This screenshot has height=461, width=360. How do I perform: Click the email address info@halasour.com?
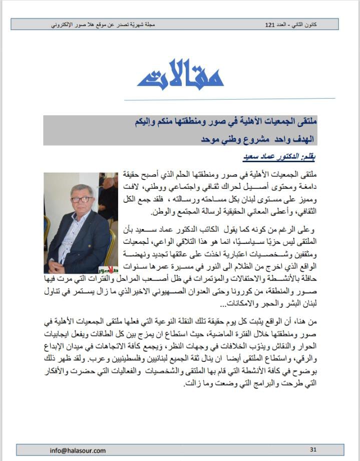tap(78, 450)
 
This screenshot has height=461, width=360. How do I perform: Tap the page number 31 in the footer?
tap(313, 450)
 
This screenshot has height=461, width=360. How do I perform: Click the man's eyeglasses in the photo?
tap(81, 199)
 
